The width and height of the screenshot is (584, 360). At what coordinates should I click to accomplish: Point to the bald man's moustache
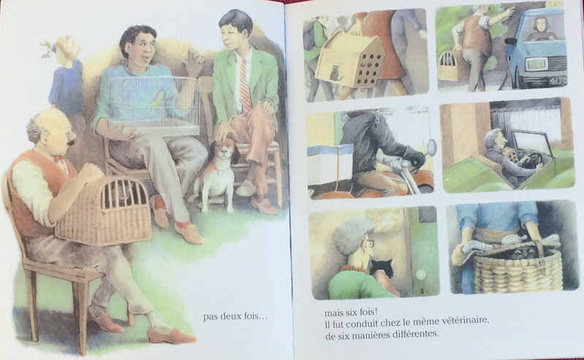[72, 142]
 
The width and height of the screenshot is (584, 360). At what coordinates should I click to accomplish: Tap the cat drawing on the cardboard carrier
[337, 73]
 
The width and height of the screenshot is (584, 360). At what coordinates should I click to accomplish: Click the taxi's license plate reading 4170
[557, 81]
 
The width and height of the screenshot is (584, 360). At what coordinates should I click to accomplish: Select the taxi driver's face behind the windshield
[539, 25]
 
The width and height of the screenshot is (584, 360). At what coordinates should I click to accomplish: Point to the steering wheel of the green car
[531, 159]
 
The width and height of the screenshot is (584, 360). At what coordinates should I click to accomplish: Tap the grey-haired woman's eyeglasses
[369, 243]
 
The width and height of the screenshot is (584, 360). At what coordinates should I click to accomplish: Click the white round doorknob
[421, 275]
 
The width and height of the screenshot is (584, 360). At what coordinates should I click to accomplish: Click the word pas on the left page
[210, 318]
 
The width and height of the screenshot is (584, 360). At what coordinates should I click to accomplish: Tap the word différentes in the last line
[415, 334]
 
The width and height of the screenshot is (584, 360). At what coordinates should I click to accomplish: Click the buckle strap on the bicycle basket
[541, 262]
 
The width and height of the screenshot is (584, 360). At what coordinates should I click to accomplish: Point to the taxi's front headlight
[537, 64]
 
